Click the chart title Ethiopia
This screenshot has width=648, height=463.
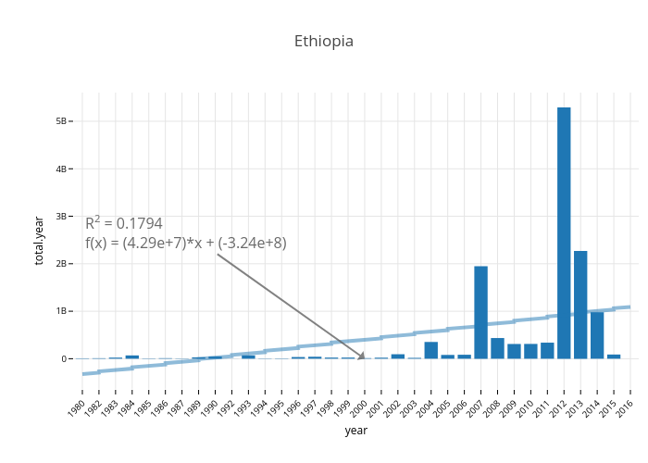pos(323,42)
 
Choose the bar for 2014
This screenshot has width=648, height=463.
pos(597,334)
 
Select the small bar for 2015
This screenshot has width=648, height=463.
pos(614,357)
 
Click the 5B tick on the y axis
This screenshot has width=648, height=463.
pos(60,121)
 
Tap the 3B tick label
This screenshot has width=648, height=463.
pos(60,217)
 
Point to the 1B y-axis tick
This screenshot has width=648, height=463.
pos(60,311)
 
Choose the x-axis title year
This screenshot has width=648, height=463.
pos(355,431)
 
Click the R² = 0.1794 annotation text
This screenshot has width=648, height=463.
pos(124,223)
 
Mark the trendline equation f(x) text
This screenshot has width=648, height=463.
pos(186,243)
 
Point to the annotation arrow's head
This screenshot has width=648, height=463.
pos(363,357)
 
